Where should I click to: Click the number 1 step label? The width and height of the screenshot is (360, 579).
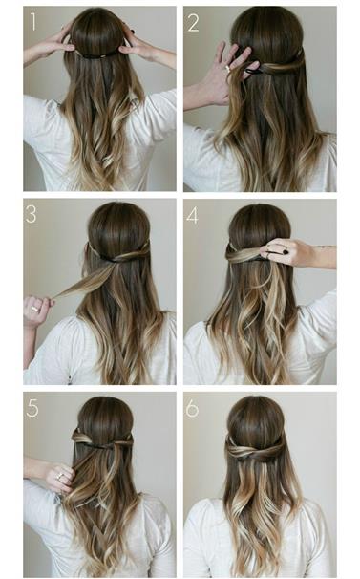[x=33, y=22]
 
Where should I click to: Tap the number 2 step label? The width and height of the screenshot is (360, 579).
[x=194, y=22]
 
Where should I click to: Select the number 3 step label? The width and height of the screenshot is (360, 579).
[x=32, y=214]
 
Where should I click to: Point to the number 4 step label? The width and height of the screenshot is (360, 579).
[x=192, y=215]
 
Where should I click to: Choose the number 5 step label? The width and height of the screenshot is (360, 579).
[x=32, y=408]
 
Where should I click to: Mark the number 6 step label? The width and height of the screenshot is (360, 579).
[x=192, y=408]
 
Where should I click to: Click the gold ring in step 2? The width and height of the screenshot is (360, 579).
[x=228, y=68]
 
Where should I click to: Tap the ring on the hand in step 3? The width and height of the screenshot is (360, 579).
[x=34, y=309]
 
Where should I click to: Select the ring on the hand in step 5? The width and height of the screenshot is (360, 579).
[x=60, y=476]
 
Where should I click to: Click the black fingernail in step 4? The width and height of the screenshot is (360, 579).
[x=286, y=252]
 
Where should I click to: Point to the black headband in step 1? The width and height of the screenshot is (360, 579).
[x=99, y=55]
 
